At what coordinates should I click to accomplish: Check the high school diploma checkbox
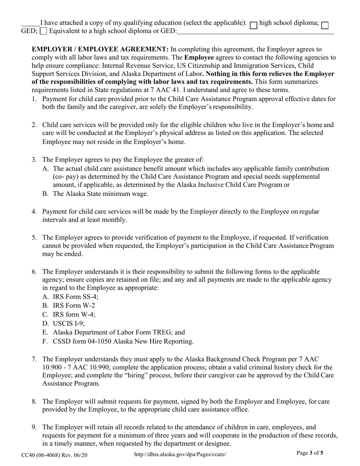tap(254, 25)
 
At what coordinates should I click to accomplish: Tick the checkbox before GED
tap(324, 25)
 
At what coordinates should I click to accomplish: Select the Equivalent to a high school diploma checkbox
tap(44, 31)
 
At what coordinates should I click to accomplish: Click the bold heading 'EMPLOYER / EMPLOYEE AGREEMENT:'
tap(100, 49)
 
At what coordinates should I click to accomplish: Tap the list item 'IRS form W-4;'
tap(74, 314)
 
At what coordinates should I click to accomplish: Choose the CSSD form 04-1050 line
tap(123, 341)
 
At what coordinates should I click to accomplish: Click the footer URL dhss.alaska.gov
tap(180, 453)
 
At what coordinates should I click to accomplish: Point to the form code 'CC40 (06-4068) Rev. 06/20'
tap(54, 453)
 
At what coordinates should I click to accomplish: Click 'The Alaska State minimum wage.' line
tap(100, 194)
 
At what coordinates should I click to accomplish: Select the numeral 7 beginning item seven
tap(34, 359)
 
